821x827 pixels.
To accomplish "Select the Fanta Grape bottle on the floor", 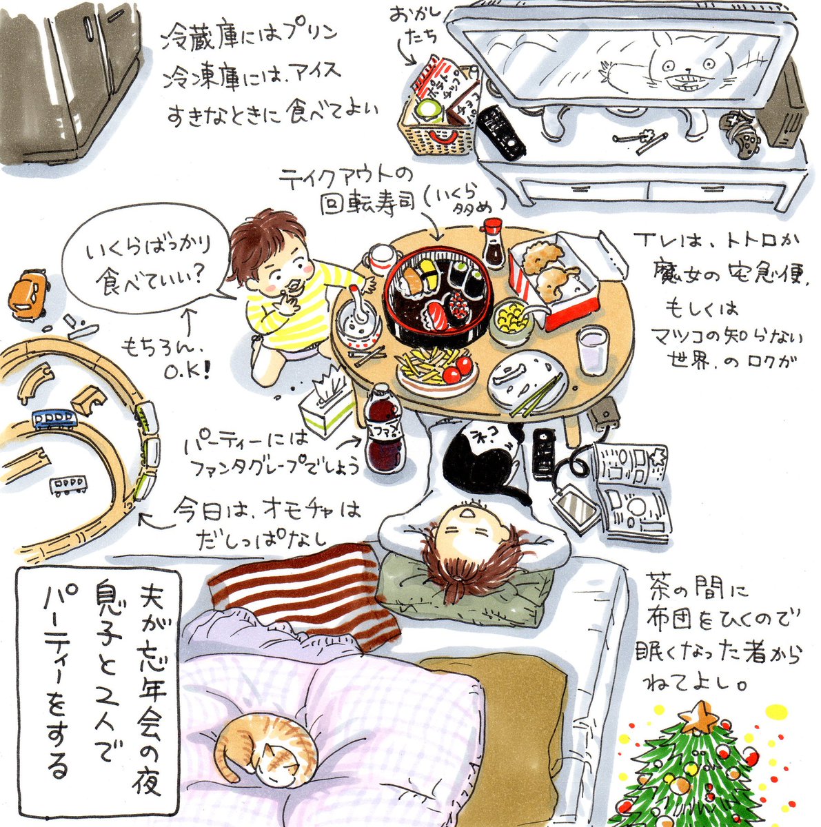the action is point(383,432).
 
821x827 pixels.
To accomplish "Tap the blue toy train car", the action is point(54,418).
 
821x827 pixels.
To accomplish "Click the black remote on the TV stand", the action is point(500,132).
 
